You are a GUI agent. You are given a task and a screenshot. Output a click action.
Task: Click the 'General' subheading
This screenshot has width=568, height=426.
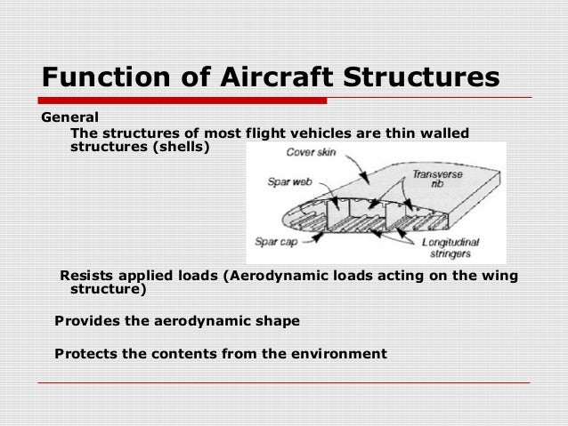click(x=70, y=117)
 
